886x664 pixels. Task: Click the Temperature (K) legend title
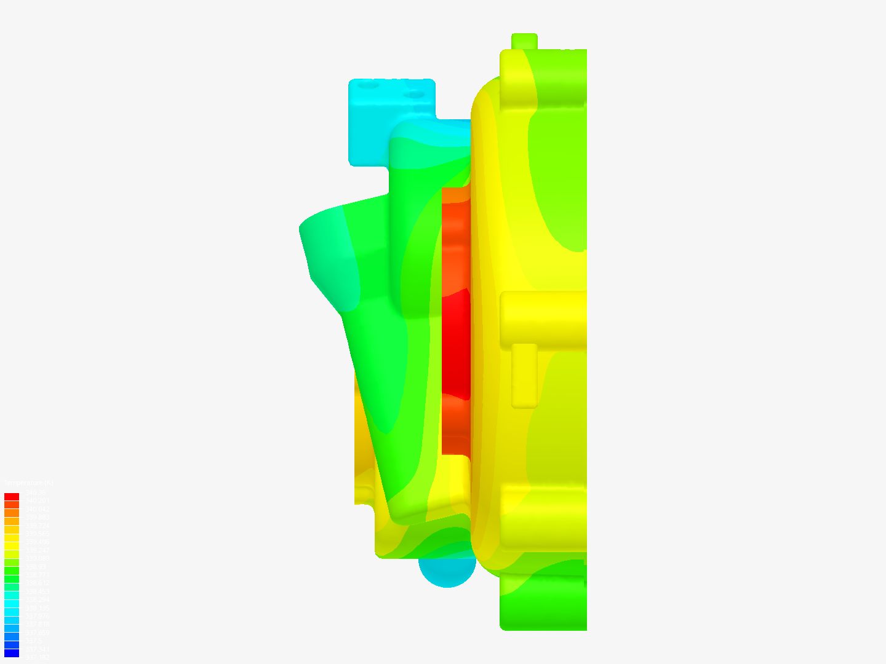[28, 483]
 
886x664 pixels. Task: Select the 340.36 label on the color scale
[35, 492]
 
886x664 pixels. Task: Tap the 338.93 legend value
[36, 567]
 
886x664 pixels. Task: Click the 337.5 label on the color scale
[33, 641]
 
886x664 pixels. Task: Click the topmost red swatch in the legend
[12, 497]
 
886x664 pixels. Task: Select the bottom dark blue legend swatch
[12, 653]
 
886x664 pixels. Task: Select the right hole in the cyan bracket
[417, 95]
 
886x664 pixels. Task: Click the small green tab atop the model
[524, 41]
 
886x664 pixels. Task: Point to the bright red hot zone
[456, 344]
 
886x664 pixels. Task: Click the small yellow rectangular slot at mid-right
[524, 375]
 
